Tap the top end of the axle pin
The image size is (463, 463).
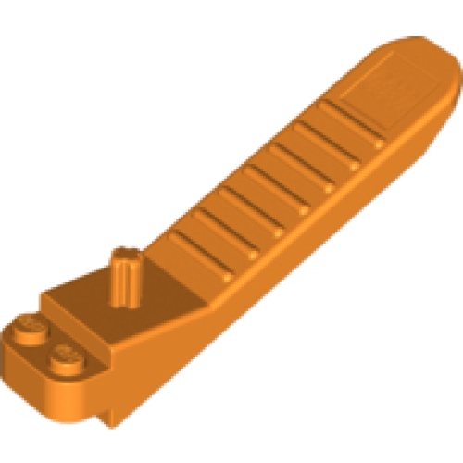pyautogui.click(x=125, y=254)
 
